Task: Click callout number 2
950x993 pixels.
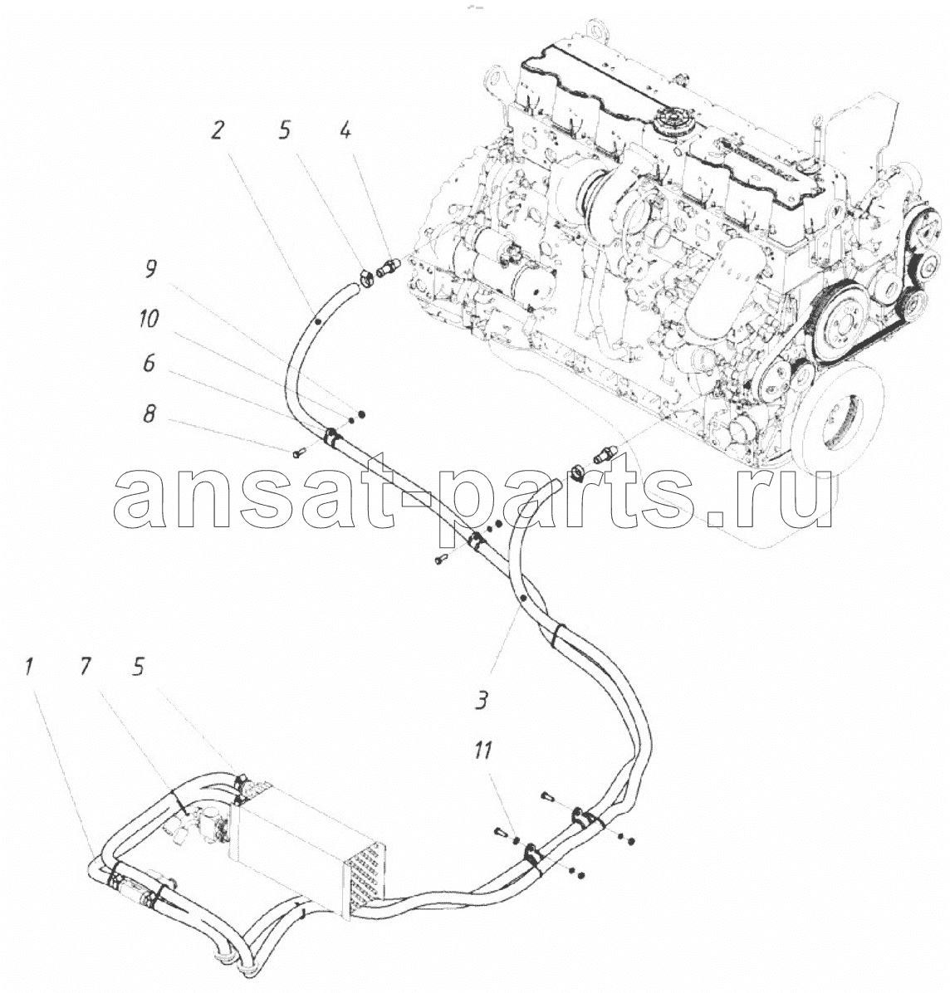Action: [x=217, y=131]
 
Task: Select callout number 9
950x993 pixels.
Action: [x=150, y=269]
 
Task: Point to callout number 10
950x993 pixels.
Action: [x=148, y=318]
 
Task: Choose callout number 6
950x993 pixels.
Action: [x=148, y=363]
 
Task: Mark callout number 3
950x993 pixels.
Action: [x=482, y=701]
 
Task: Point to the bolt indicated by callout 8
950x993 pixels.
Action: [x=301, y=452]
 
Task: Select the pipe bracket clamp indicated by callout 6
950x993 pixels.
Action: [x=332, y=437]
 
